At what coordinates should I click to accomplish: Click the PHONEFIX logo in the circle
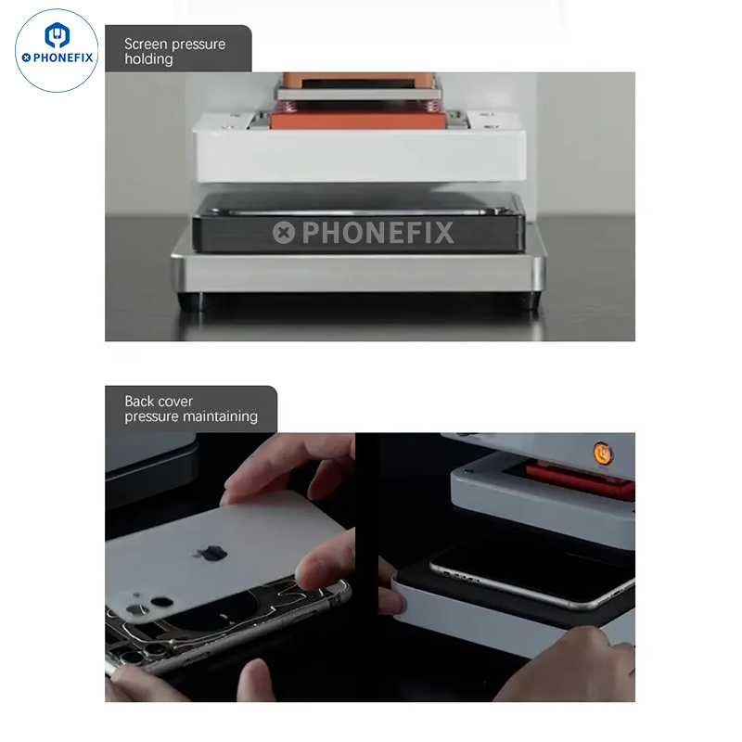pyautogui.click(x=57, y=51)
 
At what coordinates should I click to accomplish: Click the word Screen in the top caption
pyautogui.click(x=145, y=44)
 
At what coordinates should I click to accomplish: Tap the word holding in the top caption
pyautogui.click(x=148, y=59)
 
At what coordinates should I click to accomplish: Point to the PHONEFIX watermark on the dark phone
pyautogui.click(x=363, y=233)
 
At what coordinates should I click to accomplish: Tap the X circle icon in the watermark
pyautogui.click(x=284, y=233)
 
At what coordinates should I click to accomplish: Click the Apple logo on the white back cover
pyautogui.click(x=211, y=552)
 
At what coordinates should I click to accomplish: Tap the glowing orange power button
pyautogui.click(x=602, y=454)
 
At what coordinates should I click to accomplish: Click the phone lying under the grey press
pyautogui.click(x=530, y=576)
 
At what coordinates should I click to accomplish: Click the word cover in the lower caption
pyautogui.click(x=173, y=402)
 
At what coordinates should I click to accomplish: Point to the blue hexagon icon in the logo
pyautogui.click(x=58, y=35)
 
